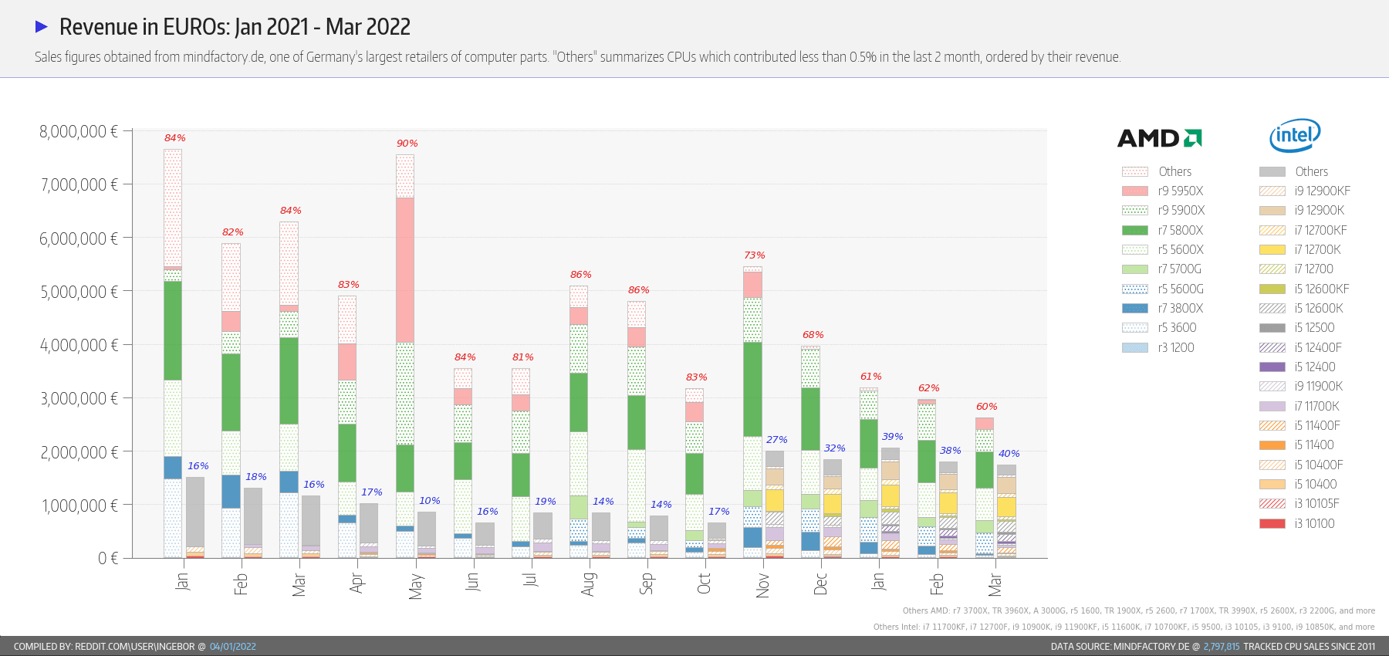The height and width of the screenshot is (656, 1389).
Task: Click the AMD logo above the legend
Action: tap(1159, 138)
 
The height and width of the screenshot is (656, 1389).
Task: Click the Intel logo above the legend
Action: tap(1295, 136)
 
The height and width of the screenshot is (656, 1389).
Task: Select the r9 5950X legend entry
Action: tap(1180, 191)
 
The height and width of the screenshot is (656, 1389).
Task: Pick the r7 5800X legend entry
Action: tap(1180, 230)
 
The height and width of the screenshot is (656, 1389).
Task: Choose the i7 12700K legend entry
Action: tap(1317, 249)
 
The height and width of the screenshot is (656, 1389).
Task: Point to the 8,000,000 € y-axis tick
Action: tap(79, 131)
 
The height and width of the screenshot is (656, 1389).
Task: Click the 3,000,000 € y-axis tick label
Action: tap(79, 398)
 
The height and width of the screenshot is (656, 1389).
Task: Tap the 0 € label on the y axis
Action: tap(108, 558)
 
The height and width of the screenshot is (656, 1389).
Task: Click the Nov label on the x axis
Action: tap(762, 586)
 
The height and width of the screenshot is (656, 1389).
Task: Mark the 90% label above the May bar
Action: tap(407, 144)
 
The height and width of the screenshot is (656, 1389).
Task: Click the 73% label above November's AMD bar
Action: tap(754, 255)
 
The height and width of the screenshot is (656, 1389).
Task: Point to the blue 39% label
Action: tap(892, 437)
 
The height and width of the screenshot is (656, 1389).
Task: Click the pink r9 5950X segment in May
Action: tap(405, 270)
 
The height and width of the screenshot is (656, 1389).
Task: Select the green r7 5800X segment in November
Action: tap(752, 389)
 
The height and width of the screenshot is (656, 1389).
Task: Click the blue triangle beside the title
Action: tap(42, 27)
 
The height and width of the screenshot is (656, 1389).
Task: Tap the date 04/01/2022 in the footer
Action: tap(232, 647)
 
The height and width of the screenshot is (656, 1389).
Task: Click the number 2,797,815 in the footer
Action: tap(1221, 647)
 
